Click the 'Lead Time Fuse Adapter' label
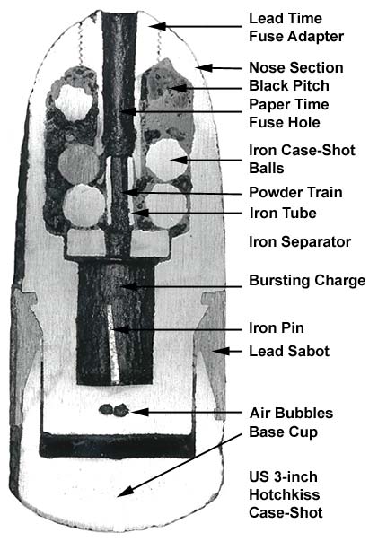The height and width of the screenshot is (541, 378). (x=296, y=27)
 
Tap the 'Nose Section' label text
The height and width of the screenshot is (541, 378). (x=296, y=67)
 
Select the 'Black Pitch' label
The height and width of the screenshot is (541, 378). (x=289, y=85)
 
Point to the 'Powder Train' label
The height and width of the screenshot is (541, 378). (x=295, y=192)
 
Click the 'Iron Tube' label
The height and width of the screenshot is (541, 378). (x=283, y=213)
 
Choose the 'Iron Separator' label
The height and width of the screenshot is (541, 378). (x=300, y=241)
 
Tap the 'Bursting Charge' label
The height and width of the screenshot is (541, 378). (x=307, y=280)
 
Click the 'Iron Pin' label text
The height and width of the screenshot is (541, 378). (x=277, y=327)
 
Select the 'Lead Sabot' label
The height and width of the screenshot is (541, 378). (x=289, y=351)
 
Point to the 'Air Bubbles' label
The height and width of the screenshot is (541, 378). (x=291, y=413)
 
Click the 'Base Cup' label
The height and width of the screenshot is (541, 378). (x=283, y=432)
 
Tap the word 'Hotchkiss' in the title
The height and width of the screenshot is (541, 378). (x=284, y=494)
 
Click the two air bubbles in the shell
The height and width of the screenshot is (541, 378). (x=114, y=410)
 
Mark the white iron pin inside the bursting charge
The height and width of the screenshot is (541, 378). (x=112, y=344)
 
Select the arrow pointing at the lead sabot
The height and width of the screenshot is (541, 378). (x=227, y=351)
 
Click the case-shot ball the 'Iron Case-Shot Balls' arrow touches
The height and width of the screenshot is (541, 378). (x=167, y=160)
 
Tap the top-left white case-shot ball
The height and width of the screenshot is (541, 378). (x=74, y=103)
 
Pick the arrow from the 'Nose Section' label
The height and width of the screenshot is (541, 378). (x=219, y=67)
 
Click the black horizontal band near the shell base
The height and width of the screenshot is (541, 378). (x=118, y=445)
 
